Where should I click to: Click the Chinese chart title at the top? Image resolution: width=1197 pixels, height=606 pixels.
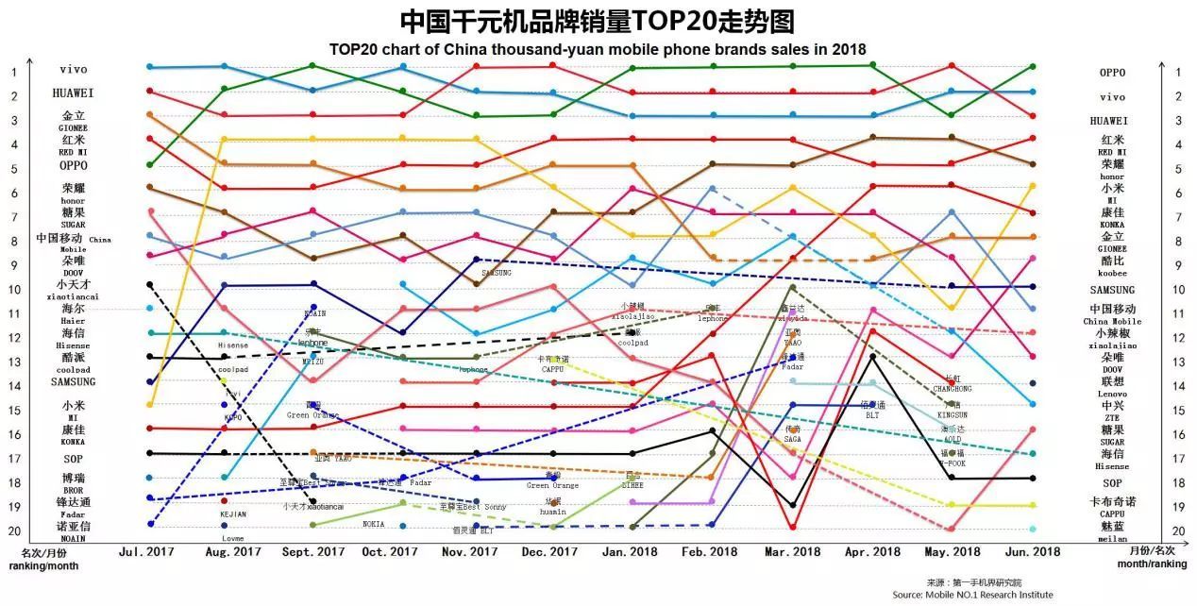pyautogui.click(x=597, y=21)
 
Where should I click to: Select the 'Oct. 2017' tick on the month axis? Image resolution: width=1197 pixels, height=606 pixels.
pyautogui.click(x=390, y=552)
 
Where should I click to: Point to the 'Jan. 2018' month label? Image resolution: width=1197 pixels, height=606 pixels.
pyautogui.click(x=630, y=552)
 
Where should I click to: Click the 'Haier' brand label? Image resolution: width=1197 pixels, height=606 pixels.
pyautogui.click(x=73, y=321)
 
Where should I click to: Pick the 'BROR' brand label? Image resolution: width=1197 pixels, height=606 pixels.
pyautogui.click(x=73, y=491)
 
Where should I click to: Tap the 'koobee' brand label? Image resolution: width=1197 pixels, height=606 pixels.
pyautogui.click(x=1112, y=272)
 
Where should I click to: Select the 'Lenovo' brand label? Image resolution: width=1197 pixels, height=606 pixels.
pyautogui.click(x=1112, y=393)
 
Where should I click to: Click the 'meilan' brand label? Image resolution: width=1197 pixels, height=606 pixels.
pyautogui.click(x=1112, y=538)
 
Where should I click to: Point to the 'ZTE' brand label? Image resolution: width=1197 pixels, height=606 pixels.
pyautogui.click(x=1112, y=417)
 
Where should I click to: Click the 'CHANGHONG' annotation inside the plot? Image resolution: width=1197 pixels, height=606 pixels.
pyautogui.click(x=952, y=389)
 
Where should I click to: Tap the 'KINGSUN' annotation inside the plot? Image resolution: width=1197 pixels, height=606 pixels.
pyautogui.click(x=953, y=415)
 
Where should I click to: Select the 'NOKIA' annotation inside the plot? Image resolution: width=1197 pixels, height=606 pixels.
pyautogui.click(x=373, y=524)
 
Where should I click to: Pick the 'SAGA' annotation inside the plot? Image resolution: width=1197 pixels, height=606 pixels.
pyautogui.click(x=793, y=439)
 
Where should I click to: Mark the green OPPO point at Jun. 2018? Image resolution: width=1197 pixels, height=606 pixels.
pyautogui.click(x=1034, y=67)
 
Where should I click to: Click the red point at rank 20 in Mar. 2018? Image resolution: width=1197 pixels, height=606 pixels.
pyautogui.click(x=793, y=528)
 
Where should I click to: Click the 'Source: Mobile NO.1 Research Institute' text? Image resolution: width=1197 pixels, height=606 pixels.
pyautogui.click(x=972, y=595)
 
